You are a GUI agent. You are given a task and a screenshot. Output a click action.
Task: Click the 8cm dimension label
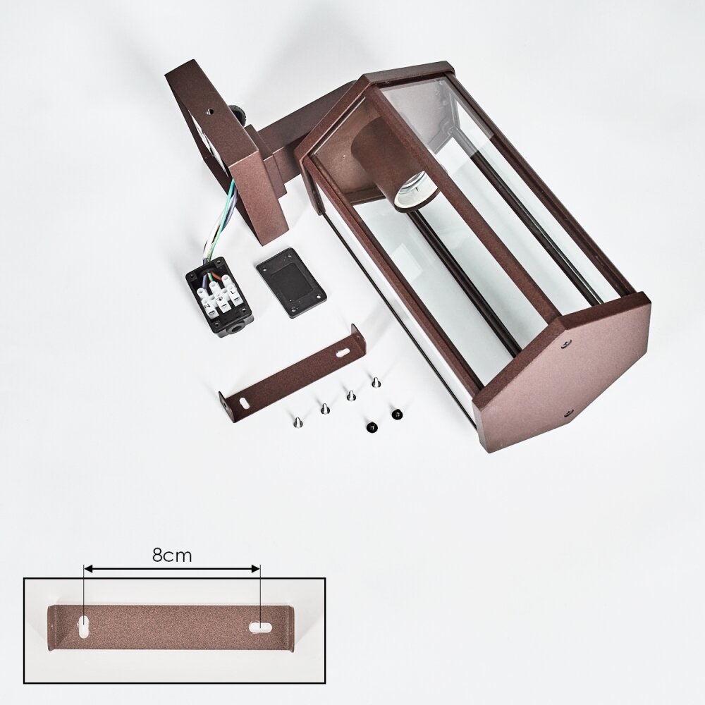[172, 556]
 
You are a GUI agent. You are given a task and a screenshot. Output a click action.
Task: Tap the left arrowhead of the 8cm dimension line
[89, 569]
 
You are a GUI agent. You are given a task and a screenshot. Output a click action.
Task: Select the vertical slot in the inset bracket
[84, 626]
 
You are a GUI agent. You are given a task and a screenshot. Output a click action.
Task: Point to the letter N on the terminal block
[208, 306]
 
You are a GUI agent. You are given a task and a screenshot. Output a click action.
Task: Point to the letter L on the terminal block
[233, 293]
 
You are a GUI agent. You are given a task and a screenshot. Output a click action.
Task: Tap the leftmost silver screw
[297, 422]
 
